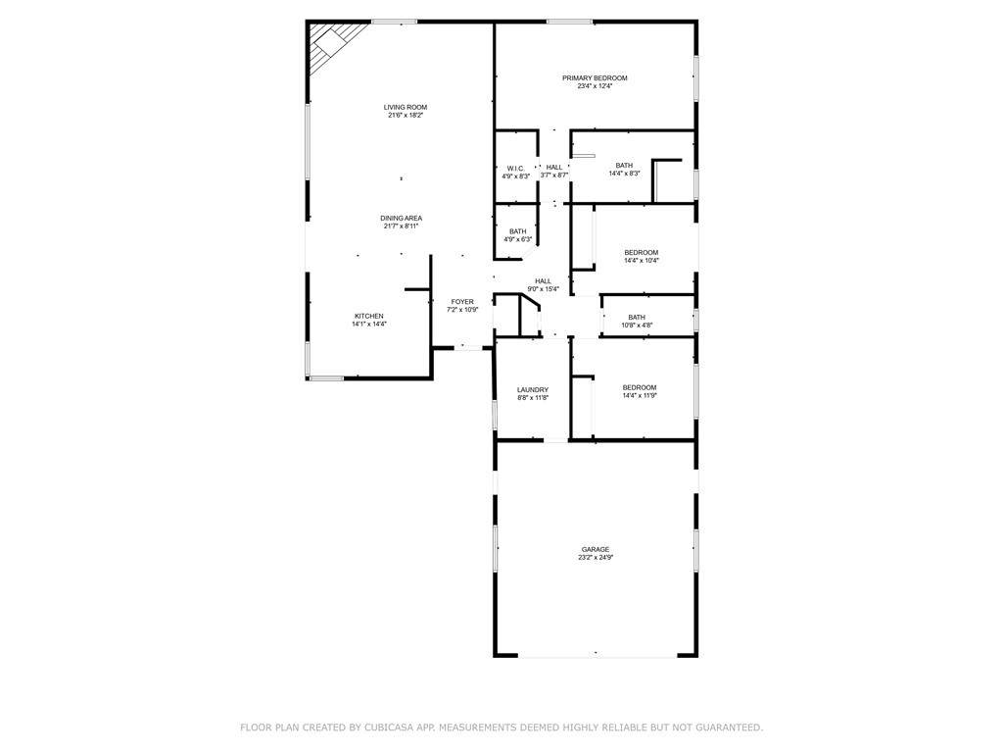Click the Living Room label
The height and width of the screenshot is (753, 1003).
click(x=405, y=108)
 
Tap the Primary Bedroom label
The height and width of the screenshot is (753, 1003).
click(x=595, y=78)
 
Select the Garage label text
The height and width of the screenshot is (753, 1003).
click(x=595, y=549)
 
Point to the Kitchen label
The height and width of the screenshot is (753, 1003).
click(x=369, y=317)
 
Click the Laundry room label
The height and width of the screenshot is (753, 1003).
click(x=533, y=390)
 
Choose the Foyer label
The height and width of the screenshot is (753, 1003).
click(x=462, y=302)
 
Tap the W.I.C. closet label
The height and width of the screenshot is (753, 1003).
click(x=515, y=169)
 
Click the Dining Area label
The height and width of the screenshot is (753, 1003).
click(x=401, y=219)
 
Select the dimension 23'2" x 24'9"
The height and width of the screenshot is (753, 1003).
click(x=595, y=558)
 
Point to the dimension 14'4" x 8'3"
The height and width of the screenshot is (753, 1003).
click(x=624, y=174)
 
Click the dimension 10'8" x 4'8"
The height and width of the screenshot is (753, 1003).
click(x=637, y=326)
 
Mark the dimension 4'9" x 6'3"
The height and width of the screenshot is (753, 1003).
click(x=517, y=239)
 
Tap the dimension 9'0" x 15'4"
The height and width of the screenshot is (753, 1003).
click(x=543, y=289)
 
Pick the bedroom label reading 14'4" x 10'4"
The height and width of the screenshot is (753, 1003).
click(x=641, y=256)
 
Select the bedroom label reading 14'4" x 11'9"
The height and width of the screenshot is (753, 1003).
click(x=640, y=391)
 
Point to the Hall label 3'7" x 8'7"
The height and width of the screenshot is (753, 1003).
click(x=554, y=171)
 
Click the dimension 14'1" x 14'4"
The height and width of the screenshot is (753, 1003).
click(x=369, y=325)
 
